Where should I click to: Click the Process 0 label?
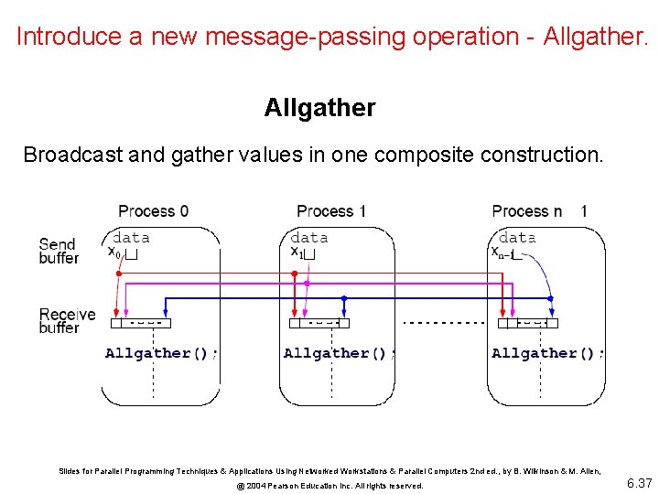(154, 211)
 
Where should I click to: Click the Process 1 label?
(331, 211)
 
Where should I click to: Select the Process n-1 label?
(540, 211)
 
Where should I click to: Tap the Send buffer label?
(59, 251)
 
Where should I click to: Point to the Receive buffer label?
(67, 321)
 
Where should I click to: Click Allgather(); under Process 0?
(161, 353)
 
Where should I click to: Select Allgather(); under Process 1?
(340, 353)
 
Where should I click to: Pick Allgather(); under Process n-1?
(547, 353)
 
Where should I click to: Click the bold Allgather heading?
(319, 108)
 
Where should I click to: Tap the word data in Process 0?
(131, 238)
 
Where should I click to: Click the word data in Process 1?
(309, 238)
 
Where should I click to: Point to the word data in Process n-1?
(518, 238)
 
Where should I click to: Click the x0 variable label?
(114, 252)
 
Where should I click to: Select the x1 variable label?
(297, 252)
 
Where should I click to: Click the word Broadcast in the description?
(72, 155)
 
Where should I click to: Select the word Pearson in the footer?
(286, 486)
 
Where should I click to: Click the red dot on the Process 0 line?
(118, 273)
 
